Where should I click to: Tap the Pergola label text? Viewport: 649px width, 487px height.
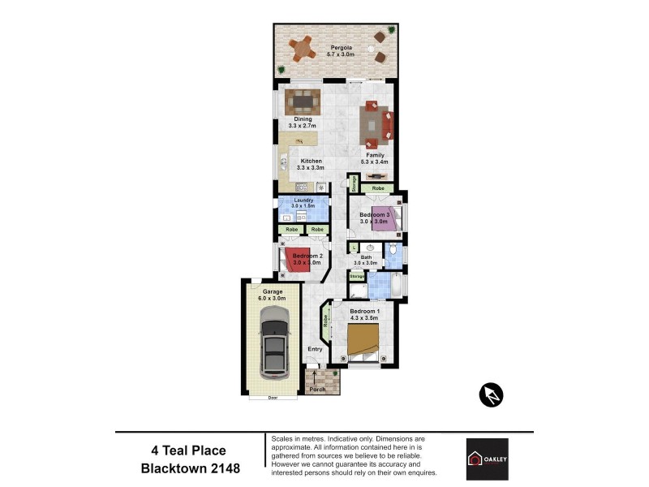pos(340,48)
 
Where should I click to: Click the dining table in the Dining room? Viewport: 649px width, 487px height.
pos(303,102)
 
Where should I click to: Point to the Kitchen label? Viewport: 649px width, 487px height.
pos(312,161)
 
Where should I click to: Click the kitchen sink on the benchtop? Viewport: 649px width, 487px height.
pos(284,162)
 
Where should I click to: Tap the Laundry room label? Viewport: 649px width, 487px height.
pos(303,200)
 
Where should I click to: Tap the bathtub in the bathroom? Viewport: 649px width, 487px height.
pos(395,286)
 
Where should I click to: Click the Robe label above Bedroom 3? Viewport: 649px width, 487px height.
pos(378,187)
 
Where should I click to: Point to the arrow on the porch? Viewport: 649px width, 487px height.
pos(316,377)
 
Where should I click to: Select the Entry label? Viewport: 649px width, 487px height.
pos(315,349)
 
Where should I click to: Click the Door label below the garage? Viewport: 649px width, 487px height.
pos(272,399)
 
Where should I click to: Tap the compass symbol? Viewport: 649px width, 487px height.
pos(491,394)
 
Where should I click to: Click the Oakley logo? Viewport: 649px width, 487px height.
pos(487,459)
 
